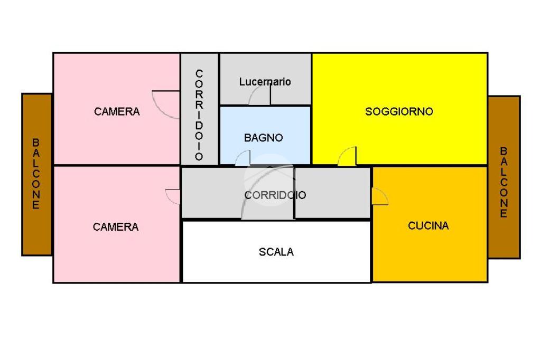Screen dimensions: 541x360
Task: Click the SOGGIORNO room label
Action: pyautogui.click(x=399, y=111)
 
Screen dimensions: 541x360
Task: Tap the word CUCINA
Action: pyautogui.click(x=428, y=225)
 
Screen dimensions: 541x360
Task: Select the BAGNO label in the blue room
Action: pyautogui.click(x=263, y=138)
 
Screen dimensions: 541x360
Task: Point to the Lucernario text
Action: pyautogui.click(x=265, y=82)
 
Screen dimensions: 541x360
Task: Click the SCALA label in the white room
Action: pyautogui.click(x=276, y=252)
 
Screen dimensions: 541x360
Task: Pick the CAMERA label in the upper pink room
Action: pyautogui.click(x=117, y=111)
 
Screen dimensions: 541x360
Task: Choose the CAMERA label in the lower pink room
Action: pyautogui.click(x=116, y=227)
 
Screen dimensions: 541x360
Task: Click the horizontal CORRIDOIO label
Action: pyautogui.click(x=275, y=195)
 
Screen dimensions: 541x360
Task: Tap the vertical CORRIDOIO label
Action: pyautogui.click(x=199, y=115)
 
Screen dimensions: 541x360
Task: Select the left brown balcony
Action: pyautogui.click(x=36, y=174)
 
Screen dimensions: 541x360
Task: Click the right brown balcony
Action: pyautogui.click(x=503, y=177)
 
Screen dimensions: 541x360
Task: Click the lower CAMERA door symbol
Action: pyautogui.click(x=173, y=196)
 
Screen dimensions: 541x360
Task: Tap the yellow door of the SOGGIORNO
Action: pyautogui.click(x=348, y=156)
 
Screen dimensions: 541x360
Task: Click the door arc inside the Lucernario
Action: pyautogui.click(x=259, y=96)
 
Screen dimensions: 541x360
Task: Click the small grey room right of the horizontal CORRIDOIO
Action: pyautogui.click(x=332, y=192)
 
